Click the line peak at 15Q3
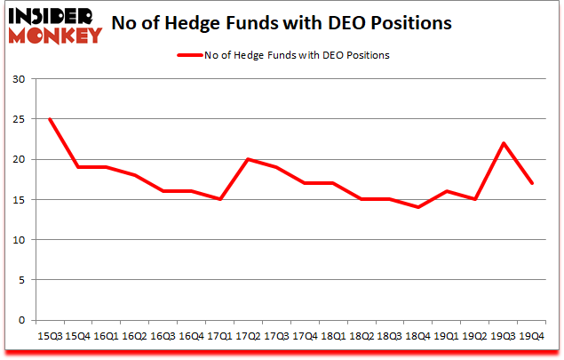49,119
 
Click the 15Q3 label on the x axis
49,336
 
